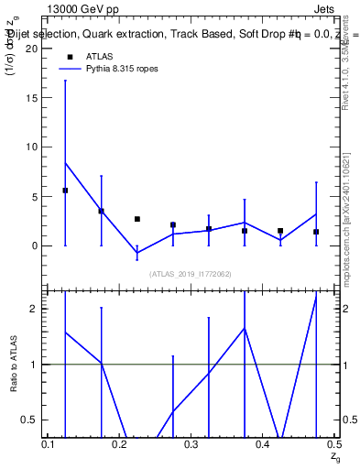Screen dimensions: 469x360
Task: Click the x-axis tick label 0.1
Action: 50,444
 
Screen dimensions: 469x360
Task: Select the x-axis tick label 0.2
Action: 120,444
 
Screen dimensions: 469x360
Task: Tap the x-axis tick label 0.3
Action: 191,444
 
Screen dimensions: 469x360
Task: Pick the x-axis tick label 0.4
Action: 263,444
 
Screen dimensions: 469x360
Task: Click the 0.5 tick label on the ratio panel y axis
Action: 35,420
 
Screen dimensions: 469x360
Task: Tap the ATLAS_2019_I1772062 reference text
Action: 191,273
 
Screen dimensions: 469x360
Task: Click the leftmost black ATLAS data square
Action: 65,191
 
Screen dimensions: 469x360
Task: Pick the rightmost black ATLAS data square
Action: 316,232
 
